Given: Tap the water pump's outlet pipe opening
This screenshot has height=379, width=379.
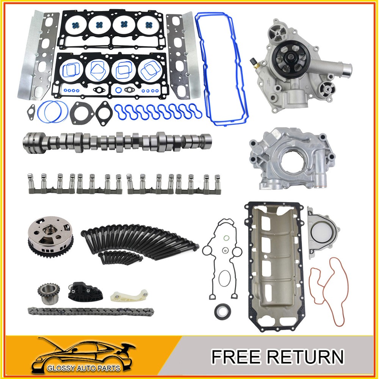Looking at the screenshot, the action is [x=348, y=70].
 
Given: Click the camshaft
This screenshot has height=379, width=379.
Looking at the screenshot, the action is [x=117, y=143].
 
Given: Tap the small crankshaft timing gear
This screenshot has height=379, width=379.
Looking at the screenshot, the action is [x=49, y=293].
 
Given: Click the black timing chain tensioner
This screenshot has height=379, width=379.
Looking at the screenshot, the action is [x=85, y=291].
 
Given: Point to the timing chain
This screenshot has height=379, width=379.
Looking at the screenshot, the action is [x=91, y=311].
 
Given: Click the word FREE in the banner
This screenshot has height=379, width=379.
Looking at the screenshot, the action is [x=236, y=356].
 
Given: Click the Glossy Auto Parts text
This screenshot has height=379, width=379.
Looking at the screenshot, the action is [x=84, y=368].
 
